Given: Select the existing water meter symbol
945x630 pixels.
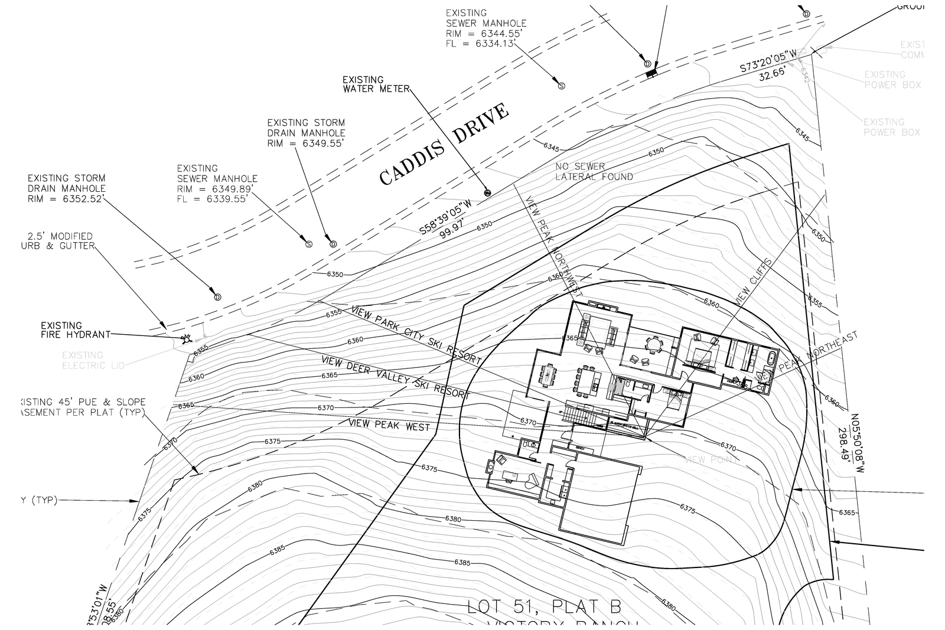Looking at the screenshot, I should click(x=487, y=192).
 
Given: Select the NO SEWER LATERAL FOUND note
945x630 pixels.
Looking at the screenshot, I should click(x=593, y=172).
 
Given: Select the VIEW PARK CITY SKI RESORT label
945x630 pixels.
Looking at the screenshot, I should click(x=416, y=335).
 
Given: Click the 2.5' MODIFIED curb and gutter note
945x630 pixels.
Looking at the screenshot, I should click(x=58, y=241).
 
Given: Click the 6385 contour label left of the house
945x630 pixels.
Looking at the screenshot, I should click(x=277, y=550).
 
